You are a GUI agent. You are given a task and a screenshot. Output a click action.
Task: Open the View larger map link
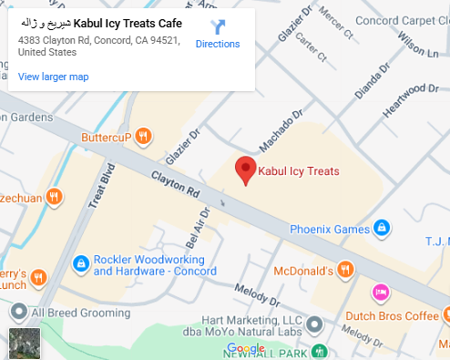53,77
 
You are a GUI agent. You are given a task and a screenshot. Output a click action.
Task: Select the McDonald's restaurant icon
345,269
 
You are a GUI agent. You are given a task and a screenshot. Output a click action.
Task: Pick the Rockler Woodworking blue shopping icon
80,263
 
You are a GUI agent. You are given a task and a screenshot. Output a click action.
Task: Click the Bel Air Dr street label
197,227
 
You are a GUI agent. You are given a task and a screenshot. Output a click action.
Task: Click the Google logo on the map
246,349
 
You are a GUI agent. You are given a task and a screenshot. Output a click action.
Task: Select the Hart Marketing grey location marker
314,324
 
